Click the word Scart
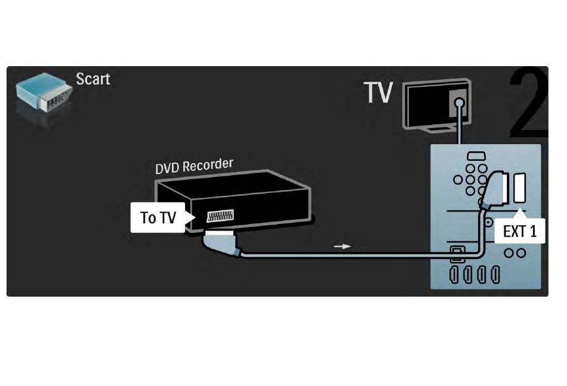tap(93, 79)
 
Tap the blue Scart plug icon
tap(44, 93)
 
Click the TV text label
tap(378, 92)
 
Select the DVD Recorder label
tap(194, 166)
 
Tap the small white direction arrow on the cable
tap(343, 247)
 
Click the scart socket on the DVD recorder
tap(220, 216)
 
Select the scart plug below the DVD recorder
tap(221, 244)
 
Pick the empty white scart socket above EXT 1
tap(519, 188)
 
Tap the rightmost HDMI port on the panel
tap(495, 275)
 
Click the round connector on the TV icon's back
tap(459, 103)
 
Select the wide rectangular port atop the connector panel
tap(476, 157)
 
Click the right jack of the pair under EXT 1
tap(521, 253)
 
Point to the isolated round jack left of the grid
tap(458, 179)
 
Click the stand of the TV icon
tap(439, 129)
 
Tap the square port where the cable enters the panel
tap(456, 254)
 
